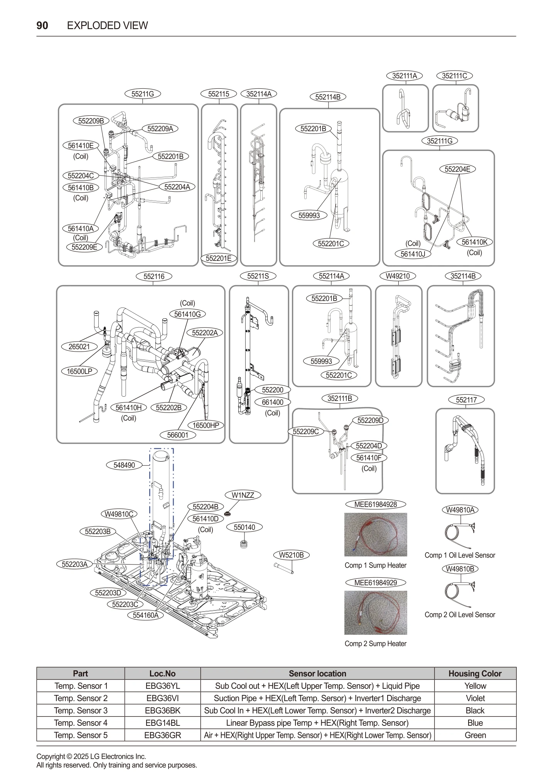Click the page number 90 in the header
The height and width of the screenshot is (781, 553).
[x=42, y=25]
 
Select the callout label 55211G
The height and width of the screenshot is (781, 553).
[x=143, y=94]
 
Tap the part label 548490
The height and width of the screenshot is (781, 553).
[x=124, y=465]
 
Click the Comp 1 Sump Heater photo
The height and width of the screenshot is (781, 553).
[x=375, y=534]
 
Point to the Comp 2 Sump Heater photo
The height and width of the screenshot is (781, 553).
[x=375, y=613]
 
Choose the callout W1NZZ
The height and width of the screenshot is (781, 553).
[x=243, y=495]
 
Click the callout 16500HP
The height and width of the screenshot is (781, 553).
[x=206, y=425]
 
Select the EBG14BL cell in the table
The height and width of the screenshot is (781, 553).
[x=162, y=723]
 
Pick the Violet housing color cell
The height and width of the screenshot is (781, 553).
[x=475, y=698]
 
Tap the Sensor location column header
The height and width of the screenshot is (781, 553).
[x=317, y=673]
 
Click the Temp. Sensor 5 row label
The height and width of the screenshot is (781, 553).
[x=81, y=735]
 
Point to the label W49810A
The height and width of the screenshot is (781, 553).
[x=460, y=510]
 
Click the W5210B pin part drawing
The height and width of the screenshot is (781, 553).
[x=284, y=568]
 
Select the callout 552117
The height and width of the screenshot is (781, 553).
[x=466, y=400]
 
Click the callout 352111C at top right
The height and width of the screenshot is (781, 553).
[x=455, y=76]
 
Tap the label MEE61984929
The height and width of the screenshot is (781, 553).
[x=375, y=583]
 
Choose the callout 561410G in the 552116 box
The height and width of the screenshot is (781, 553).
[x=187, y=314]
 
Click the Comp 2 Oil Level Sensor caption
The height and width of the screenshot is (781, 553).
[x=460, y=615]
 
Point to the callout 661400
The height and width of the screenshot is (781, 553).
[x=273, y=402]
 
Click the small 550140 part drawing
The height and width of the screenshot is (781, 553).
[x=244, y=544]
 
